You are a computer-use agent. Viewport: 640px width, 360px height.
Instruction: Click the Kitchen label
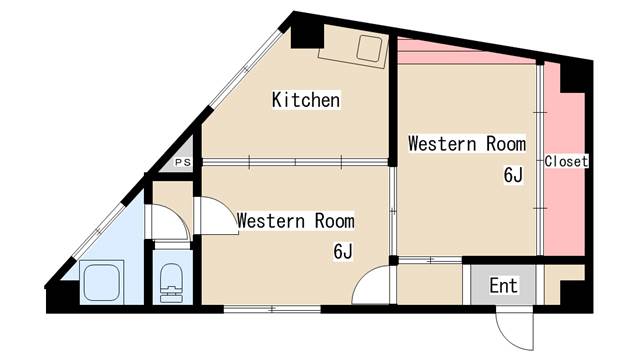[306, 100]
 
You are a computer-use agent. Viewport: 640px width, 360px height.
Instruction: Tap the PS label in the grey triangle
[183, 162]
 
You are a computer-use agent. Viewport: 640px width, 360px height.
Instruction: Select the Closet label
[566, 161]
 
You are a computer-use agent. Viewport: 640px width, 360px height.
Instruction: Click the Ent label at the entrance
[504, 285]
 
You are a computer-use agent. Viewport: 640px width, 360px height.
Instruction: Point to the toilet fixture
[171, 283]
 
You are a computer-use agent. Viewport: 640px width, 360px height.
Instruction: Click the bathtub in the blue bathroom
[102, 282]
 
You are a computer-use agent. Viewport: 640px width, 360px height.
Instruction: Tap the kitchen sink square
[369, 49]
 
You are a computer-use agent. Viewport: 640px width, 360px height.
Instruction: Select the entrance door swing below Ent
[515, 331]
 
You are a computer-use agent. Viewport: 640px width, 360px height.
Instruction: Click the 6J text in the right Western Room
[513, 176]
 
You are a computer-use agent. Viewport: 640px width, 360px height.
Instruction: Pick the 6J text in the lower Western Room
[342, 251]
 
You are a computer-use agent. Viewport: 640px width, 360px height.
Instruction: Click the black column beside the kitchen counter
[307, 36]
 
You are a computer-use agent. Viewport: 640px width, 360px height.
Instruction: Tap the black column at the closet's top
[573, 78]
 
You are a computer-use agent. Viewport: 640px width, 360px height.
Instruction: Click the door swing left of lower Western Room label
[216, 216]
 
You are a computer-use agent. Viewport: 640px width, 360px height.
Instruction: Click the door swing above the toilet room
[168, 222]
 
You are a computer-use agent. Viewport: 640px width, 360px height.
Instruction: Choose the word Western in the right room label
[442, 144]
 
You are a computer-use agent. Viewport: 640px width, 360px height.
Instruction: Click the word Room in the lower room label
[334, 221]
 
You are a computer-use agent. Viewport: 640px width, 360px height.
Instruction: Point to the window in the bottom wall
[272, 309]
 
